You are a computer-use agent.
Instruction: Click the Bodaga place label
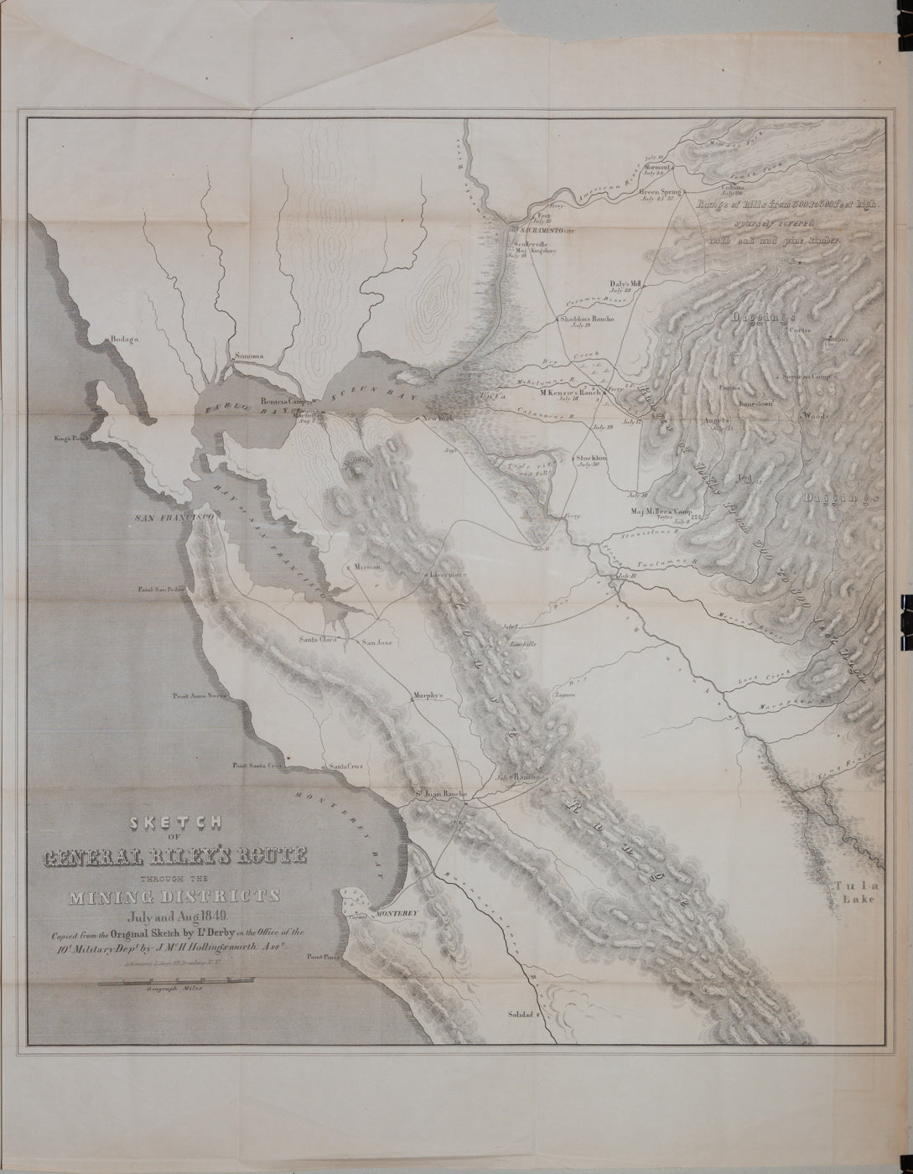pyautogui.click(x=122, y=340)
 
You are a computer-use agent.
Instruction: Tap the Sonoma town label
pyautogui.click(x=249, y=356)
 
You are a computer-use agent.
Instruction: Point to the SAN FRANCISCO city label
pyautogui.click(x=177, y=519)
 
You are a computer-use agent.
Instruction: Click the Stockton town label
pyautogui.click(x=592, y=458)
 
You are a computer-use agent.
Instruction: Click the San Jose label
pyautogui.click(x=376, y=642)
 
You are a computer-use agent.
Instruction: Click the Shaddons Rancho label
pyautogui.click(x=587, y=319)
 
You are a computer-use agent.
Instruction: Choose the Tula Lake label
pyautogui.click(x=855, y=892)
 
